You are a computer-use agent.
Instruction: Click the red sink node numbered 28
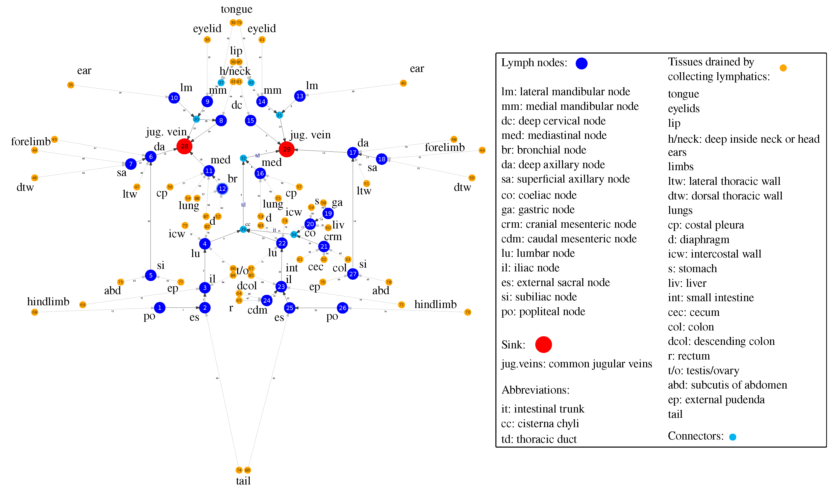184,146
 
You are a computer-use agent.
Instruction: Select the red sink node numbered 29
287,149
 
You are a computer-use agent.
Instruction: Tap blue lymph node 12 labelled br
222,189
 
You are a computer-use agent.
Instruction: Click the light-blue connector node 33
243,229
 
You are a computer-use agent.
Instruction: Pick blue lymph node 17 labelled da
353,152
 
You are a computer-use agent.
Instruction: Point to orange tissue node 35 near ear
70,85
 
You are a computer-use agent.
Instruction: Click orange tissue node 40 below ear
403,83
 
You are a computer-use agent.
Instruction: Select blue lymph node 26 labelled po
343,308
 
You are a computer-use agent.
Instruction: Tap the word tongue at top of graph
236,9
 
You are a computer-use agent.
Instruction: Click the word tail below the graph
243,481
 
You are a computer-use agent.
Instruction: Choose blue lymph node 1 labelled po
160,308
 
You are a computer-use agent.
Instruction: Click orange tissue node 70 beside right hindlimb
468,312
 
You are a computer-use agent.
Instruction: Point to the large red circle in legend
543,344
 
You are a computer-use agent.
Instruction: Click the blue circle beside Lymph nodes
582,63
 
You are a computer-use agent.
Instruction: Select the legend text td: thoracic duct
539,439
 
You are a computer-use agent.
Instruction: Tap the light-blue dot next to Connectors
733,437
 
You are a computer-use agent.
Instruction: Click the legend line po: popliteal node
543,311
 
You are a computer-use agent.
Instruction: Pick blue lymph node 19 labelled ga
328,213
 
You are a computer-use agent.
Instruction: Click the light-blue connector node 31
280,115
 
